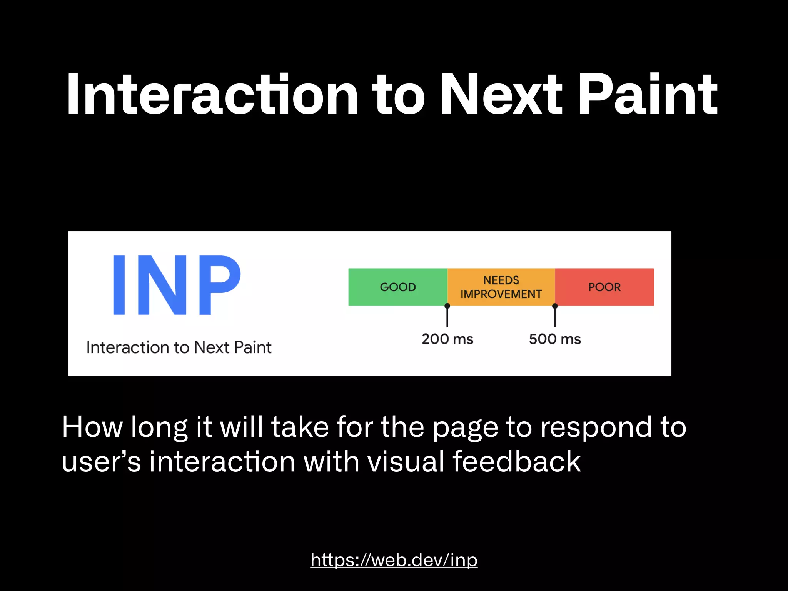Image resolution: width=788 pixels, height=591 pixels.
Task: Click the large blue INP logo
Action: (x=177, y=285)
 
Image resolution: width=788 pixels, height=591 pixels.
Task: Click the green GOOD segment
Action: (x=397, y=287)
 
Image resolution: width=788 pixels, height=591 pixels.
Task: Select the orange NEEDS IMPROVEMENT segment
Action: (x=501, y=287)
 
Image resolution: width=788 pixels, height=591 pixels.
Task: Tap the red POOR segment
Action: (x=604, y=287)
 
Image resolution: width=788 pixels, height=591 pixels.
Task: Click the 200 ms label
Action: (x=447, y=339)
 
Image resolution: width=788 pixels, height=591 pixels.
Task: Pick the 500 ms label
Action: (x=554, y=339)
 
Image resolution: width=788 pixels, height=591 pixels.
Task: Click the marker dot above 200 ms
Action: (x=447, y=306)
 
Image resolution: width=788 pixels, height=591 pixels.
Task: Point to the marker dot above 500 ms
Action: (x=554, y=306)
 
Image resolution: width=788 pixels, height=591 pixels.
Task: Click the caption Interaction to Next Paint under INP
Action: (x=179, y=347)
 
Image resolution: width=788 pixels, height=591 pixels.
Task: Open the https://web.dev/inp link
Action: (x=394, y=560)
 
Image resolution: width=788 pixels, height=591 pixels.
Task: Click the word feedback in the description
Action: (x=516, y=461)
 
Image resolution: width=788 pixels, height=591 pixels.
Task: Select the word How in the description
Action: (x=92, y=427)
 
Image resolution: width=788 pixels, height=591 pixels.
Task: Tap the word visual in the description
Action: (x=406, y=461)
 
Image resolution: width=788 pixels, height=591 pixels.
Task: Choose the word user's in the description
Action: (x=101, y=461)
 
